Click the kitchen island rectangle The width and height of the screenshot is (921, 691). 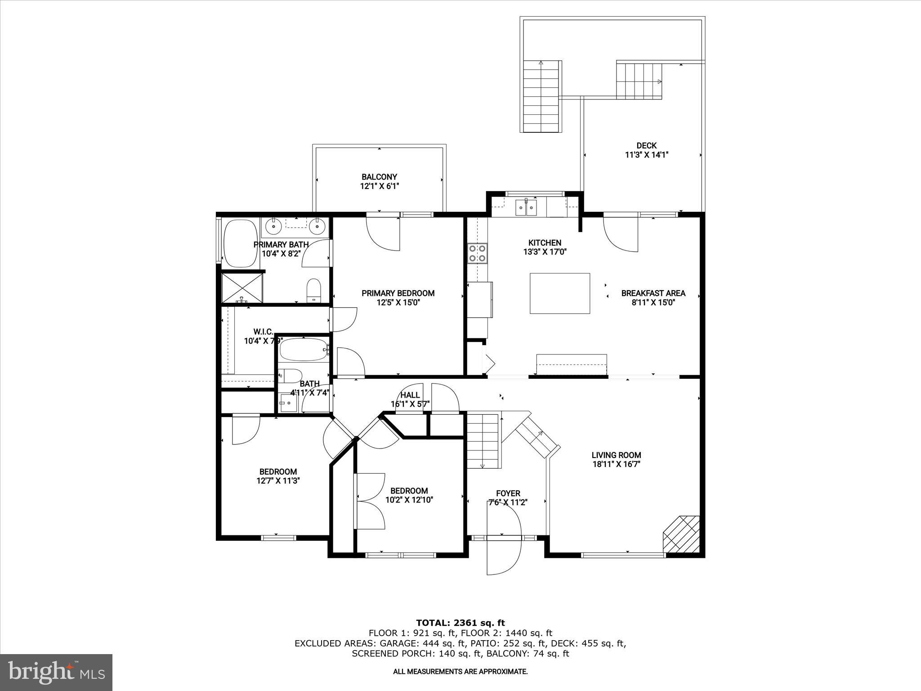click(x=559, y=293)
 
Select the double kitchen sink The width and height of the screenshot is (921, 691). click(x=526, y=208)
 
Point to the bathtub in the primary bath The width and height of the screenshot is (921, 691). click(x=241, y=243)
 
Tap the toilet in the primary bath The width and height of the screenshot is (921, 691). click(x=313, y=290)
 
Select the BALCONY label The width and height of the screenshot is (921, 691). click(x=379, y=177)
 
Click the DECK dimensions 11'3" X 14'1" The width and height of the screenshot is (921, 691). click(x=647, y=155)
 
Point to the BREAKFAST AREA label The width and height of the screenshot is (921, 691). click(x=653, y=293)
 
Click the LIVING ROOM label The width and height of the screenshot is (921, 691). click(x=616, y=455)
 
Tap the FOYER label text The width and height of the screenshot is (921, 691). click(x=508, y=494)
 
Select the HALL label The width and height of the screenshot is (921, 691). click(x=410, y=395)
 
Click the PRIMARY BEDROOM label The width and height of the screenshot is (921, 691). click(x=398, y=293)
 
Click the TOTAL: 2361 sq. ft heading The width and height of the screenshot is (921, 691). click(x=460, y=623)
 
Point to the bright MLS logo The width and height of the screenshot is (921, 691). click(x=56, y=672)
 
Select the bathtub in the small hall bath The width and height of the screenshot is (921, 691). click(x=303, y=350)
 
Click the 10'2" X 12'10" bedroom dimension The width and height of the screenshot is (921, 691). click(x=409, y=499)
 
